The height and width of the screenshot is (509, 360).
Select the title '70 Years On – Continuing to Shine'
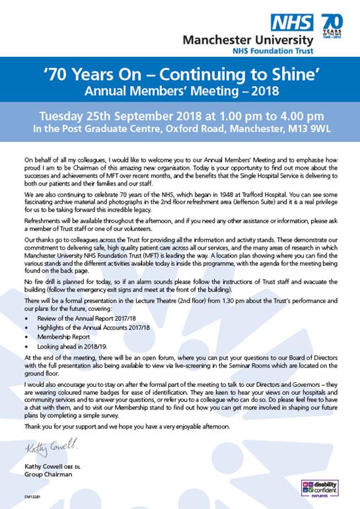pos(180,72)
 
